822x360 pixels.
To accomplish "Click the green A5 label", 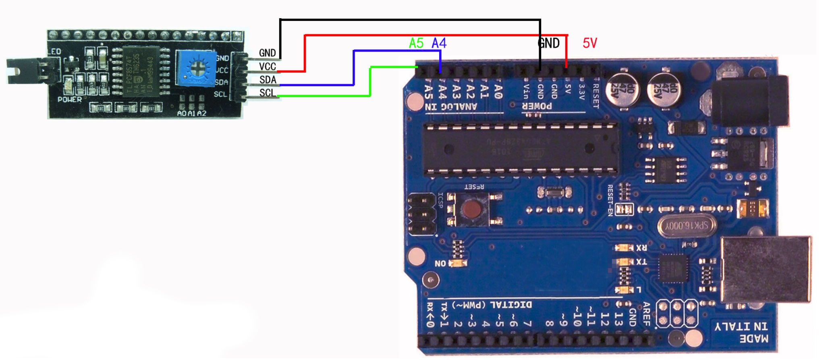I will pyautogui.click(x=416, y=43).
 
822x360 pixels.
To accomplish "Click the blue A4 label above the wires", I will pyautogui.click(x=439, y=43).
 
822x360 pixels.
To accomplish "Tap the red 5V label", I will pyautogui.click(x=590, y=43).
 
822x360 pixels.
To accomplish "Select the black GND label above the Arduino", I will pyautogui.click(x=549, y=43).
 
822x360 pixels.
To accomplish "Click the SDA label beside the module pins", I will pyautogui.click(x=268, y=80).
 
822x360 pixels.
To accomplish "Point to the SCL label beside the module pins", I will pyautogui.click(x=268, y=93).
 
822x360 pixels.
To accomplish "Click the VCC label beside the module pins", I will pyautogui.click(x=268, y=67).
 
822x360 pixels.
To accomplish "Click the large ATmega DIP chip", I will pyautogui.click(x=520, y=150).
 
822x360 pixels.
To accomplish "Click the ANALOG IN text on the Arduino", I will pyautogui.click(x=451, y=107).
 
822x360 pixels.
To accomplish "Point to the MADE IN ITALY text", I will pyautogui.click(x=741, y=332).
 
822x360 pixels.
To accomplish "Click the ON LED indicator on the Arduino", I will pyautogui.click(x=457, y=263).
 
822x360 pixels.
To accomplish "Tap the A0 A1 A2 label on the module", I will pyautogui.click(x=192, y=114).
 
